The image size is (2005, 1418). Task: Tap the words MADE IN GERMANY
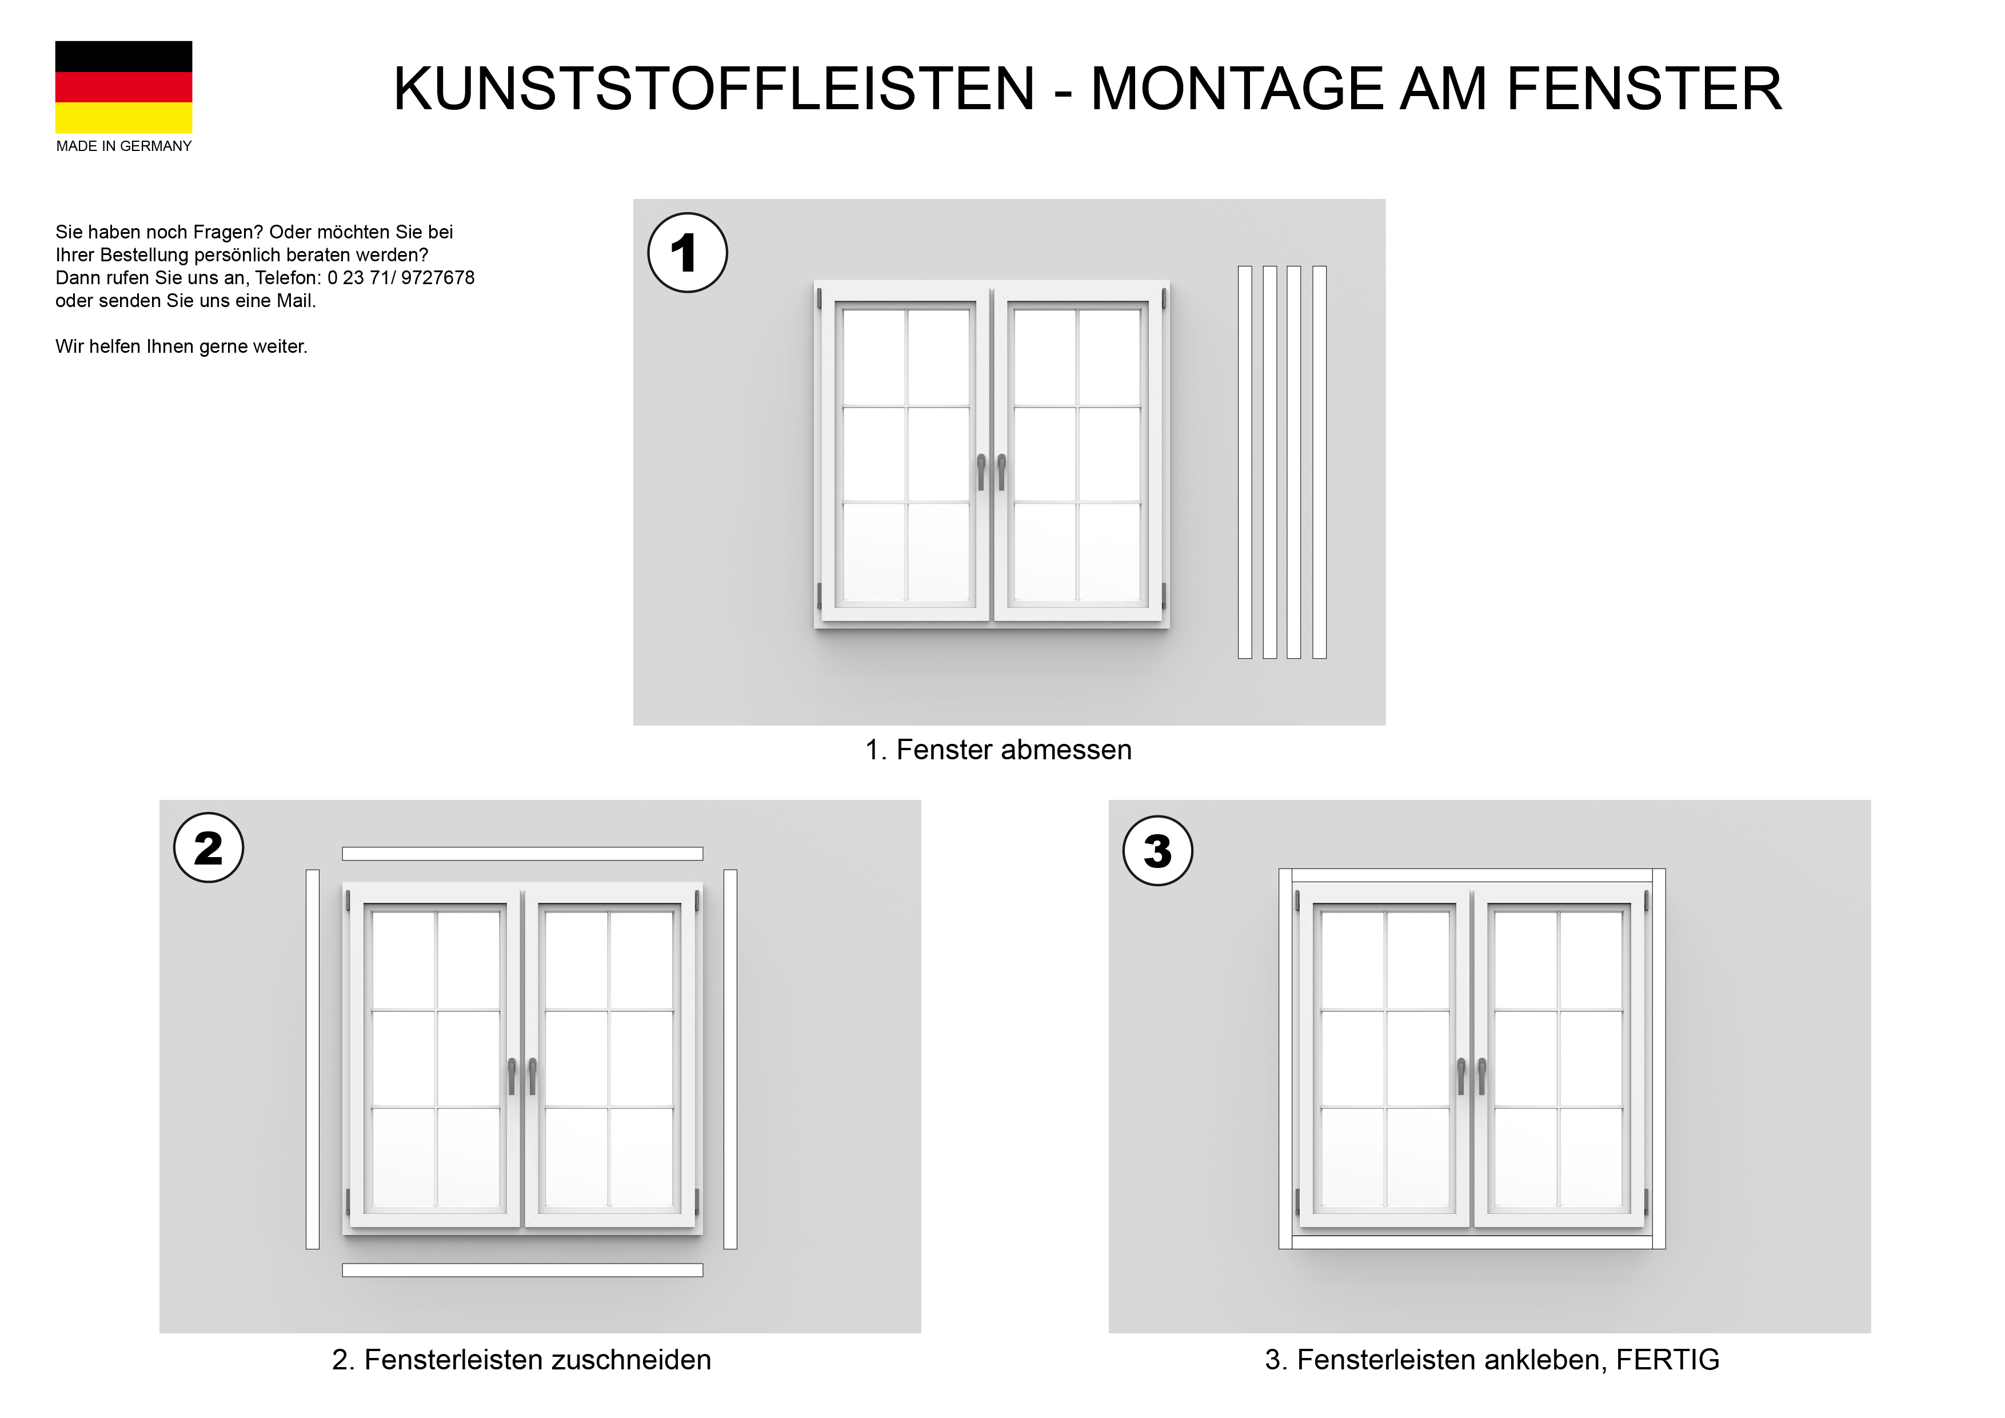click(x=124, y=146)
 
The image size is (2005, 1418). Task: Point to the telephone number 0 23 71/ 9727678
click(x=401, y=278)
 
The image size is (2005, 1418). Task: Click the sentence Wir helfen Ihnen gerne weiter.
click(x=182, y=347)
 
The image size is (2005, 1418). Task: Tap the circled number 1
click(x=687, y=253)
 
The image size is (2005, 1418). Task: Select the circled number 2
click(x=209, y=847)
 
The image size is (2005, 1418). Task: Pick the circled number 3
click(x=1157, y=851)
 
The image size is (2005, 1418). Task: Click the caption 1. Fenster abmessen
click(x=998, y=750)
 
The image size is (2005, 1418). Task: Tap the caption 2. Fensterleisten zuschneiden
click(x=521, y=1360)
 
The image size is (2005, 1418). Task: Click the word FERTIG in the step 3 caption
click(x=1667, y=1360)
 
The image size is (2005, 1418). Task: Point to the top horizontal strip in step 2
click(x=522, y=854)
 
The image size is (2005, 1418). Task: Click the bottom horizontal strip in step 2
click(x=522, y=1270)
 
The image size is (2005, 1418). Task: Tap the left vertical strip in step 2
click(x=313, y=1059)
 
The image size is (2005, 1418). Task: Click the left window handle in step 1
click(x=981, y=472)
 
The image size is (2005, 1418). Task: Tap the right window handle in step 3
click(x=1482, y=1077)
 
